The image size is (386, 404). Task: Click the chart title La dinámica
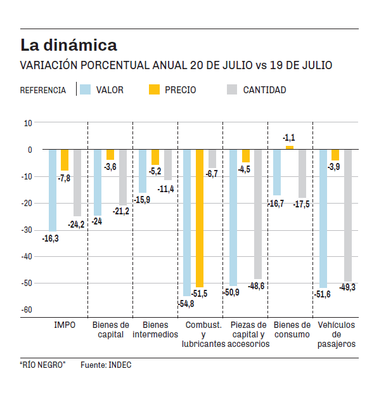pos(68,46)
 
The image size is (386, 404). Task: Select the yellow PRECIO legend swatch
pos(155,89)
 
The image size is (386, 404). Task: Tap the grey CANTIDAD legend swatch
pos(232,89)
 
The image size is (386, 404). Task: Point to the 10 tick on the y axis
pos(28,123)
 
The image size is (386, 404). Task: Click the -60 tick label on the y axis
pos(26,310)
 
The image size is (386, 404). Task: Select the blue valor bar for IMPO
pos(53,190)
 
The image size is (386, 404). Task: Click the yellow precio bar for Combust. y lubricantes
pos(200,218)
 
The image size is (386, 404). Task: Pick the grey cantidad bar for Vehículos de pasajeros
pos(348,216)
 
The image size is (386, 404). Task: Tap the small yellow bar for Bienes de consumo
pos(290,148)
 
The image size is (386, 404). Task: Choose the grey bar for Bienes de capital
pos(123,178)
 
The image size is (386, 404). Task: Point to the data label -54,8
pos(186,304)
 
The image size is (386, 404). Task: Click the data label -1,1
pos(289,138)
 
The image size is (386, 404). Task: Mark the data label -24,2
pos(76,224)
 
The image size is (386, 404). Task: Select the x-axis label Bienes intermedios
pos(155,330)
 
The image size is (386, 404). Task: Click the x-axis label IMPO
pos(65,325)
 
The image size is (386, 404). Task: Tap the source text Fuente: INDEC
pos(106,365)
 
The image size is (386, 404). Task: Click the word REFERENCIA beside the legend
pos(43,90)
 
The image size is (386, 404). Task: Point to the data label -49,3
pos(347,288)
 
